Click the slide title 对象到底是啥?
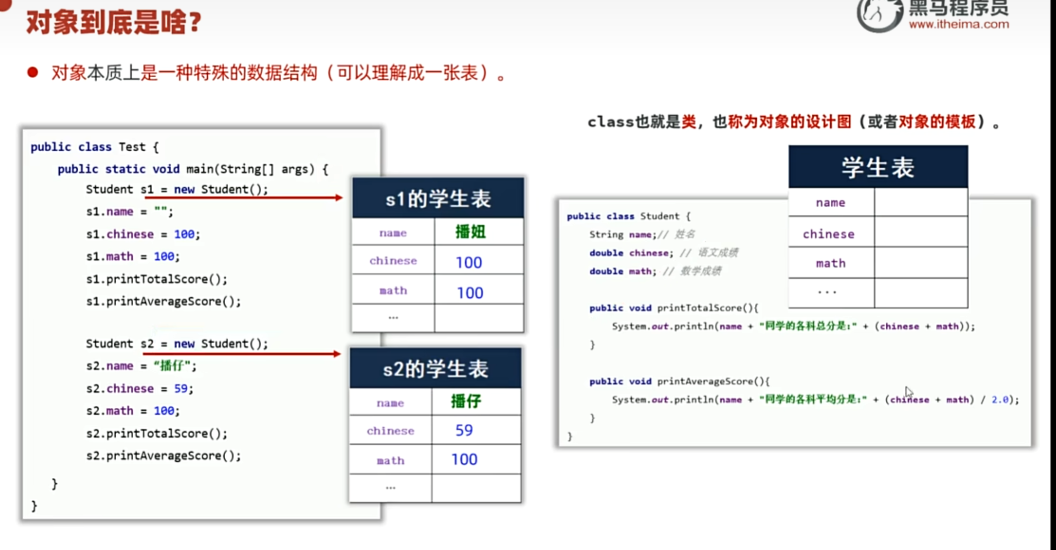[114, 22]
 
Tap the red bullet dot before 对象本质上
[33, 73]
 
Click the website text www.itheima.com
[958, 24]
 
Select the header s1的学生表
[438, 199]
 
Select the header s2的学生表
[435, 369]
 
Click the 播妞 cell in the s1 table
[470, 232]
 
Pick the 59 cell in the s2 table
[464, 430]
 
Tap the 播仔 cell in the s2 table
[466, 402]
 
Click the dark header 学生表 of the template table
[878, 167]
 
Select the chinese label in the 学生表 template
[828, 234]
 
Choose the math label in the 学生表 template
[830, 263]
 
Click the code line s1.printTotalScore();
[156, 279]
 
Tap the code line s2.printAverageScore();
[163, 456]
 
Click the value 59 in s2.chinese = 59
[181, 388]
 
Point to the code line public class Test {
[94, 147]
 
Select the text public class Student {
[628, 216]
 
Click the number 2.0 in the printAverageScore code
[1000, 400]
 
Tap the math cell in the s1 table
[393, 291]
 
